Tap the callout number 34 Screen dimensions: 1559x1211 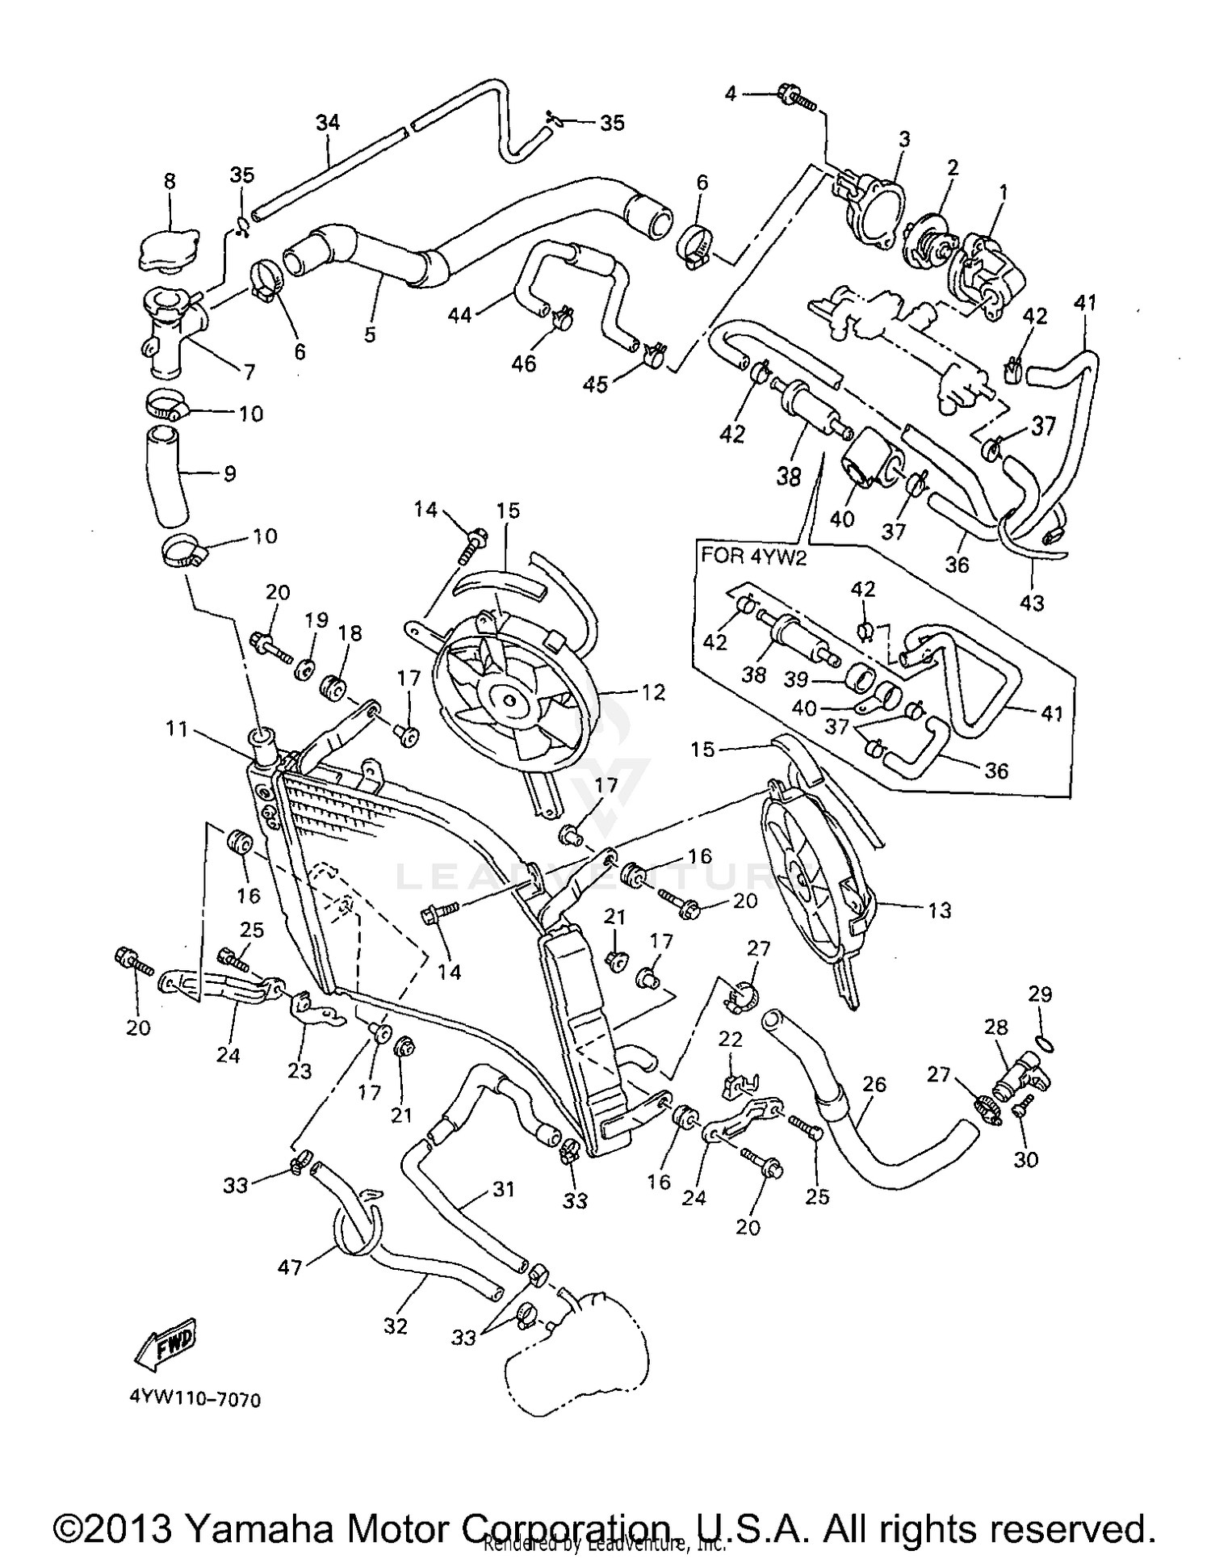(x=327, y=123)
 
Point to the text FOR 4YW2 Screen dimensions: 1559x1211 (x=753, y=557)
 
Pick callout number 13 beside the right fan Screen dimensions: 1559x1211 (x=940, y=910)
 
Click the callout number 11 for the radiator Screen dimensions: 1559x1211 (x=178, y=729)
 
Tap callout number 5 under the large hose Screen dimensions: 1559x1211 (x=370, y=334)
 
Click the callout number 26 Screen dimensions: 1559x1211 (x=874, y=1084)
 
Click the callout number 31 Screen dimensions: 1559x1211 (x=503, y=1189)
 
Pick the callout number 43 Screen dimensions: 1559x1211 (x=1032, y=603)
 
